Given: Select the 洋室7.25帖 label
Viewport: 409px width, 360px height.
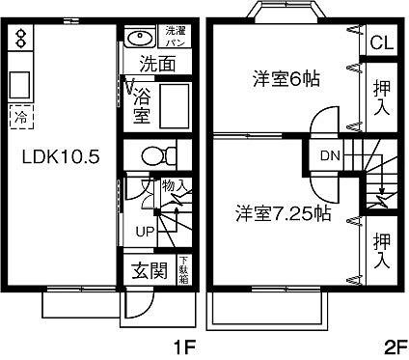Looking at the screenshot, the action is pyautogui.click(x=283, y=214).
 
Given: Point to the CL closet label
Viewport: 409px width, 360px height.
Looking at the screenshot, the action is pyautogui.click(x=380, y=42).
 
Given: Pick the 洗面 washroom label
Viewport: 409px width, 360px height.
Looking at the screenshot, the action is pyautogui.click(x=155, y=65).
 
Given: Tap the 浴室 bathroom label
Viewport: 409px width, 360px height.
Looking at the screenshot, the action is pyautogui.click(x=142, y=106).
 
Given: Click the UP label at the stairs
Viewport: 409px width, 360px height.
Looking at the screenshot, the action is pyautogui.click(x=144, y=232).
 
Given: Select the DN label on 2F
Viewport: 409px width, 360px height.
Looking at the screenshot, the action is pyautogui.click(x=328, y=154).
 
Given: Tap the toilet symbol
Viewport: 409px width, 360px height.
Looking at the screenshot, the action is pyautogui.click(x=155, y=154).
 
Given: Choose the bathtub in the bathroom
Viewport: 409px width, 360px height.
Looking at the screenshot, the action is pyautogui.click(x=175, y=104).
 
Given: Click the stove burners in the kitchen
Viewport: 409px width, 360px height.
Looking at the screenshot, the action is pyautogui.click(x=22, y=39).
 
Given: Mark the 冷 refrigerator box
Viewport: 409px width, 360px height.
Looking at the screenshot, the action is pyautogui.click(x=20, y=117).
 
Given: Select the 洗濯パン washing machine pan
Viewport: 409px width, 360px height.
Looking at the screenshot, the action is pyautogui.click(x=177, y=38).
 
